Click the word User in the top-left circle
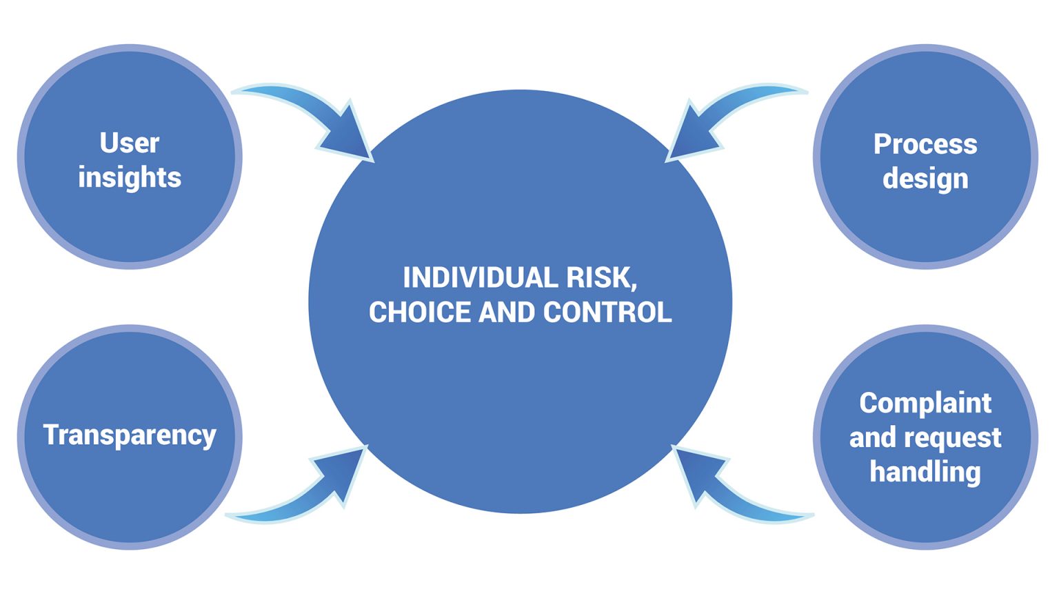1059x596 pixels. [130, 143]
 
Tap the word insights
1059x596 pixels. [130, 177]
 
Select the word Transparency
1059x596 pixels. [130, 435]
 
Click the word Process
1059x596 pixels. [925, 144]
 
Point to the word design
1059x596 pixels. [925, 179]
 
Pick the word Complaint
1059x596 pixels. [925, 403]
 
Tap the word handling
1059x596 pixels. [925, 472]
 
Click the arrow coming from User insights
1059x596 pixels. [310, 114]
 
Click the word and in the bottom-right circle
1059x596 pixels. [872, 438]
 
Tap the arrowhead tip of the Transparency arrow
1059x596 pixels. [365, 448]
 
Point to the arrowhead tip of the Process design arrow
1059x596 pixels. [668, 161]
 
